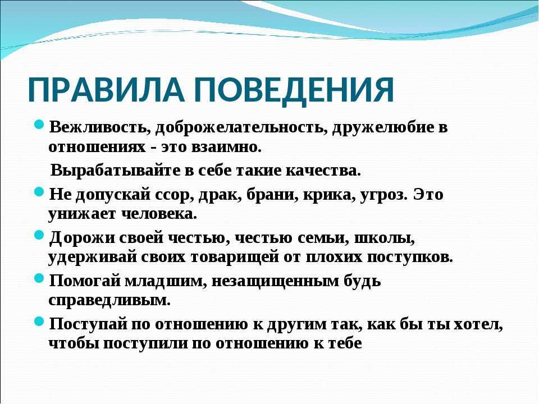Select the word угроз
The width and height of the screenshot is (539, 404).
[x=384, y=195]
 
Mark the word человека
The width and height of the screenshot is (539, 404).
[x=159, y=214]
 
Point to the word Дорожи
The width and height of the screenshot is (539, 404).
[x=82, y=238]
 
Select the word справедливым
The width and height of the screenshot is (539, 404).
[x=109, y=301]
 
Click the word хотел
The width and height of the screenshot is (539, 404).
[x=478, y=325]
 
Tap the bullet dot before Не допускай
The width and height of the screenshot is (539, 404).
[x=39, y=191]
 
